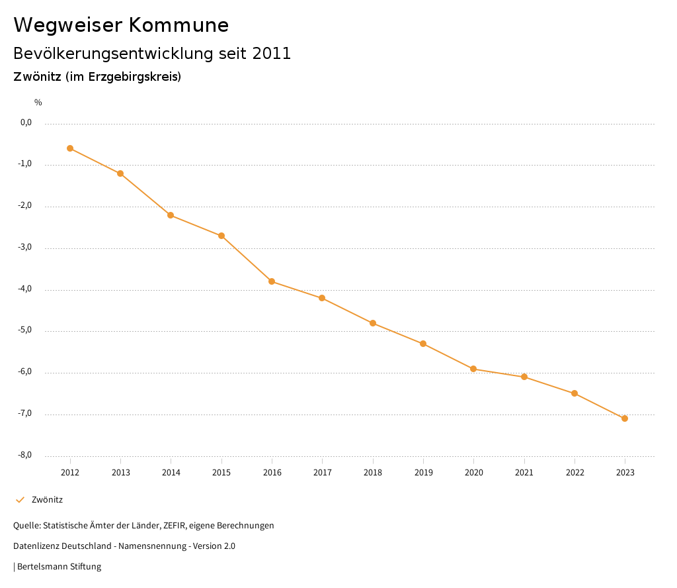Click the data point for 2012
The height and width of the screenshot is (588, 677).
click(70, 148)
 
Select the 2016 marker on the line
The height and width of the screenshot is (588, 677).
click(272, 281)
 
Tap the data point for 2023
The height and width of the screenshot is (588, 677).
click(625, 418)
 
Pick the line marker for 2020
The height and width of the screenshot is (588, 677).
click(473, 369)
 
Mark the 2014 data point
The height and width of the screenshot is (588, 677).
click(171, 215)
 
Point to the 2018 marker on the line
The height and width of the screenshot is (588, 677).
click(373, 323)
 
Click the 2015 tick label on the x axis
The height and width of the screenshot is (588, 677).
click(221, 472)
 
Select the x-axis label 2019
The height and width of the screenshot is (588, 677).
click(423, 472)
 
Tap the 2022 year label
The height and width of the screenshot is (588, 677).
click(575, 472)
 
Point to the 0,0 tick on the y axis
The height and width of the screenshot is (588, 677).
click(26, 122)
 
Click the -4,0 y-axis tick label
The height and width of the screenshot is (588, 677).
click(25, 289)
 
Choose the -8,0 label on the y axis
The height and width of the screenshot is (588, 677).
click(25, 456)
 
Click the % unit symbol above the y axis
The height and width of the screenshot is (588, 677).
click(38, 103)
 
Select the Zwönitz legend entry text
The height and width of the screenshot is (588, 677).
click(47, 500)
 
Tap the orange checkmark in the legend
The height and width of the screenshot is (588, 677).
click(20, 500)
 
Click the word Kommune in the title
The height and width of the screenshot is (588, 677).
click(179, 25)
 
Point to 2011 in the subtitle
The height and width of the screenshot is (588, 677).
click(272, 54)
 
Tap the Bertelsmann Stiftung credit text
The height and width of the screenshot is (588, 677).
click(59, 567)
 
